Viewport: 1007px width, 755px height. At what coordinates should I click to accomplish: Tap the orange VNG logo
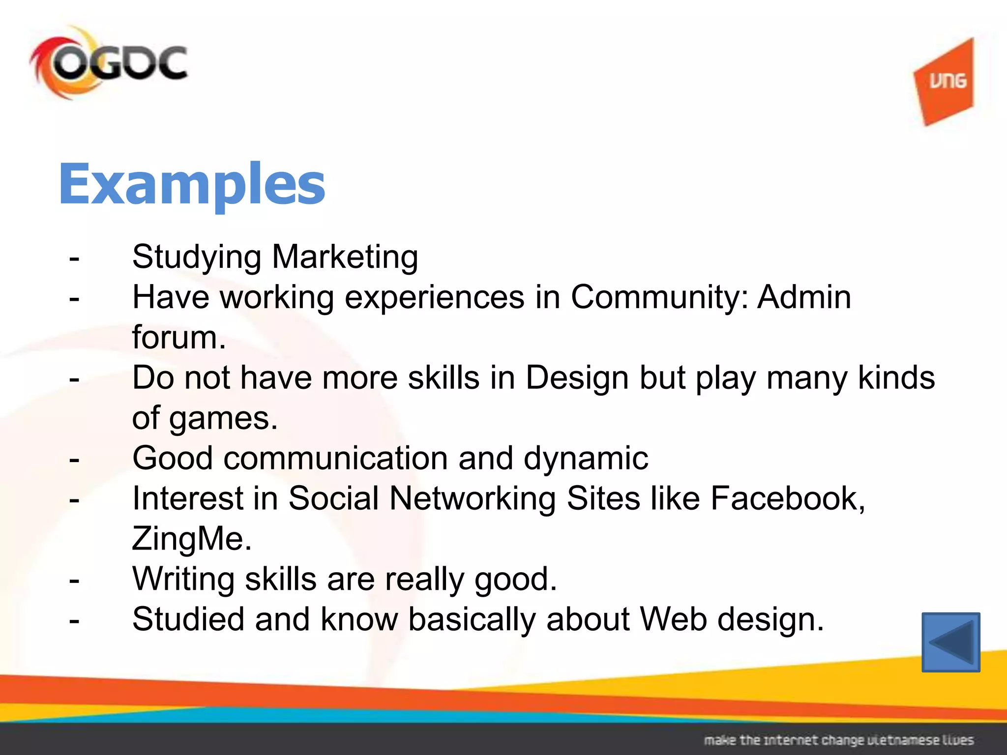click(x=945, y=82)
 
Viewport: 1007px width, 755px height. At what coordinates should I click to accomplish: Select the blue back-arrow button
click(x=950, y=642)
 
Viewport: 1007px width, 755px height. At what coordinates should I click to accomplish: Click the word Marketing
click(x=345, y=258)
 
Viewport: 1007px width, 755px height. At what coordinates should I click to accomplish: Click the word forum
click(x=178, y=338)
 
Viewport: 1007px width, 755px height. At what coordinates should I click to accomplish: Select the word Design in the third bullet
click(x=577, y=378)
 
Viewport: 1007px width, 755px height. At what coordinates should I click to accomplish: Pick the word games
click(x=223, y=419)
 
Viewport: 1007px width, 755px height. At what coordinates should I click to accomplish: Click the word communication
click(x=335, y=459)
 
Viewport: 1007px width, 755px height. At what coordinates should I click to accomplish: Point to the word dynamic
click(x=585, y=459)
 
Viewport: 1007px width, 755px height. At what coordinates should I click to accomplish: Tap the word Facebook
click(x=787, y=499)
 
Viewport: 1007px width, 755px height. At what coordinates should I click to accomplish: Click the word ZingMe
click(x=192, y=539)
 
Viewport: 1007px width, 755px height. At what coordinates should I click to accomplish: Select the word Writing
click(x=183, y=580)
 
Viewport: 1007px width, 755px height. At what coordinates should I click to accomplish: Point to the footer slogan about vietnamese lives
click(x=838, y=740)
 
